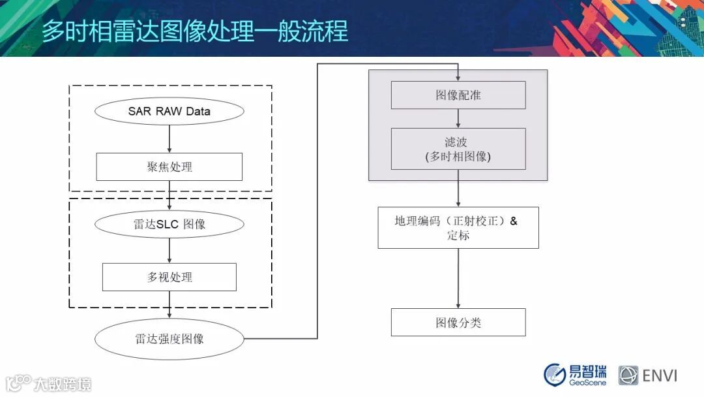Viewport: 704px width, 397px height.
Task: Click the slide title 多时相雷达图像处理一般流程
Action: point(195,31)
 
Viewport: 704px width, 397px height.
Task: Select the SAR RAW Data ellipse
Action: point(169,111)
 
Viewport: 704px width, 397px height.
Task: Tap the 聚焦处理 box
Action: point(169,167)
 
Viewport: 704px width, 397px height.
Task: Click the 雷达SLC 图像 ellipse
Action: point(169,224)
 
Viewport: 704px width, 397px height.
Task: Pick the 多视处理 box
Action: point(169,277)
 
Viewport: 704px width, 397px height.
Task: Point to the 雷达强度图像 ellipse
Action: point(169,339)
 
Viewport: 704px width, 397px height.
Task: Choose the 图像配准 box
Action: point(458,95)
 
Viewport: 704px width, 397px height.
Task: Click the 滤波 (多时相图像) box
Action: point(458,150)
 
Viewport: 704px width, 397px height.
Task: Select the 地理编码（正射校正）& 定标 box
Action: point(458,227)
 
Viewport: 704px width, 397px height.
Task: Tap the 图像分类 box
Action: point(458,323)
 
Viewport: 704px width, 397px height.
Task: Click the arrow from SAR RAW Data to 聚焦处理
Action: point(169,138)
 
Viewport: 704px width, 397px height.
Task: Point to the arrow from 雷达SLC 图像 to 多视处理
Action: point(169,250)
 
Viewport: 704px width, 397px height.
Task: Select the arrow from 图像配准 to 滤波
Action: point(458,118)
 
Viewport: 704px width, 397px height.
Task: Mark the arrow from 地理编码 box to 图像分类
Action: point(458,278)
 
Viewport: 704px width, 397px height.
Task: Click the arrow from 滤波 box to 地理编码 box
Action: point(458,193)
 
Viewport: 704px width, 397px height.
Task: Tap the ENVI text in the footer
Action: point(660,375)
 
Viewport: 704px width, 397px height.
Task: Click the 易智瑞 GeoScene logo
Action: point(575,374)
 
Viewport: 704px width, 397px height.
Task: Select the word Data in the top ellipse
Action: point(198,111)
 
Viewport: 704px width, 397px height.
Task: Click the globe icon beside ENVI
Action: point(628,375)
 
